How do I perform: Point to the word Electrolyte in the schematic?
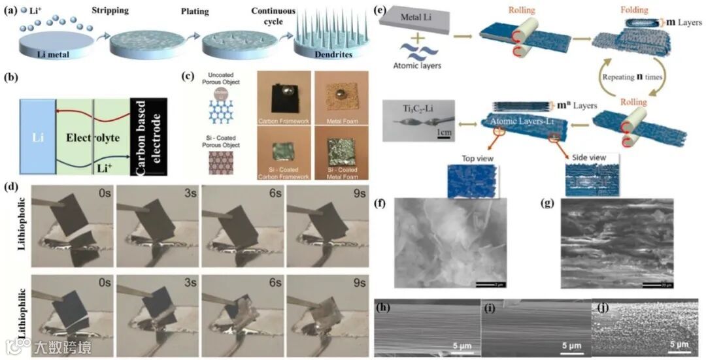pos(76,139)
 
